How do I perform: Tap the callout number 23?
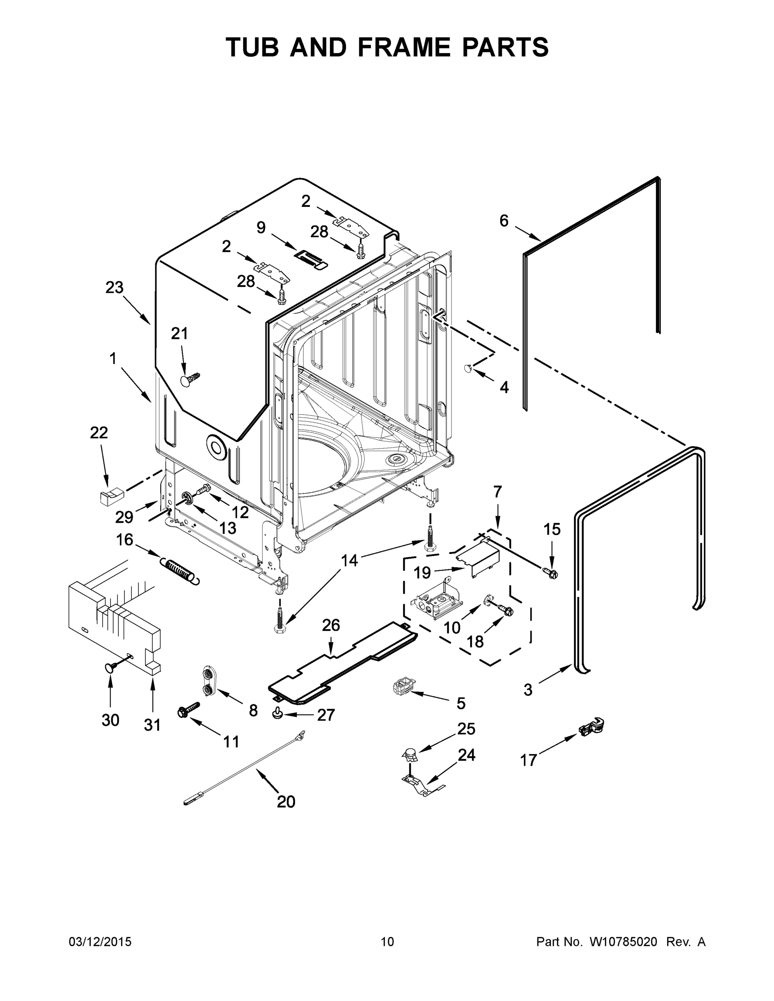(114, 288)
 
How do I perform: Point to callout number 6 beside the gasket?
(504, 221)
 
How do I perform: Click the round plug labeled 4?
(468, 367)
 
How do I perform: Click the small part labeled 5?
(402, 687)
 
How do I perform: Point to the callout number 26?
(330, 625)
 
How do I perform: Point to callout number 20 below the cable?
(286, 802)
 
